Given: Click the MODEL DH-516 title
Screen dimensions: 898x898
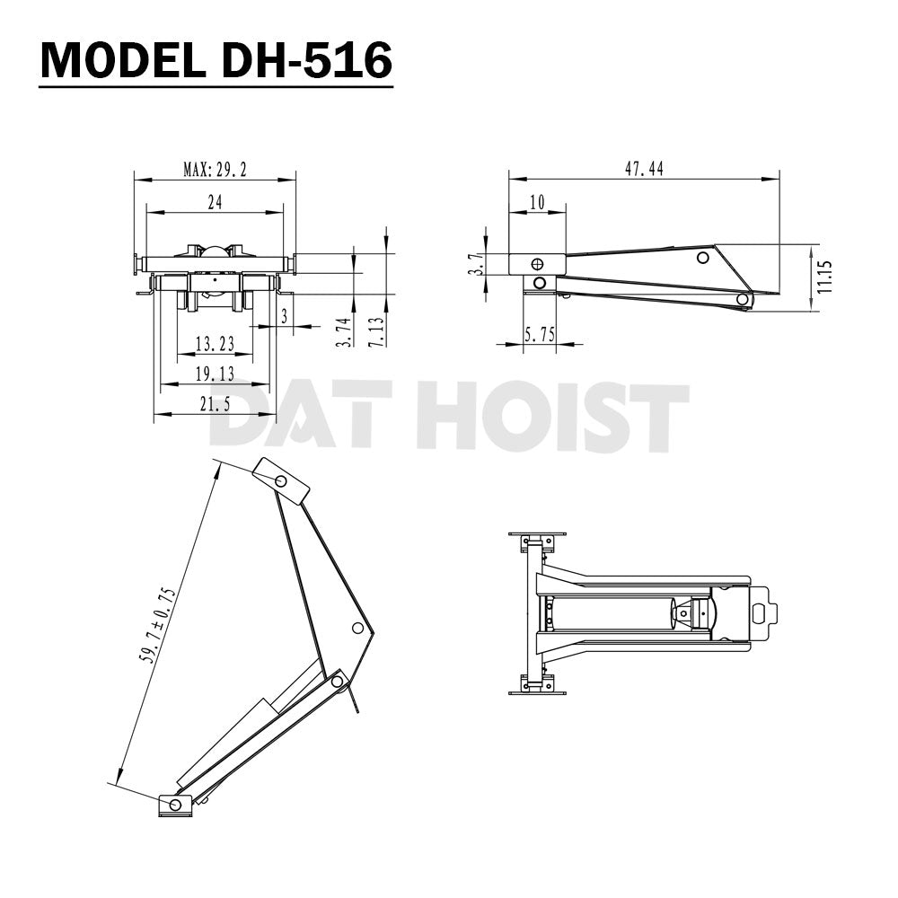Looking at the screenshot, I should coord(216,60).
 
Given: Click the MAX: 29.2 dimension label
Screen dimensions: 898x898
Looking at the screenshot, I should coord(215,169).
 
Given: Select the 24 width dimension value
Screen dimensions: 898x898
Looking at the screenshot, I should coord(215,202).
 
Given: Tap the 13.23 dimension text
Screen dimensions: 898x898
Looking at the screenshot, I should coord(214,343).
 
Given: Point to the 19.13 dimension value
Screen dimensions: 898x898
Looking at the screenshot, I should coord(214,374).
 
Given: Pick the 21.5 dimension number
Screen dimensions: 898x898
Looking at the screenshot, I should coord(214,404).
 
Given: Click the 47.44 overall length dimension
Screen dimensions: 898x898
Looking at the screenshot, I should coord(643,169).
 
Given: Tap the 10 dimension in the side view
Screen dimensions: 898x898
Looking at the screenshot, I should coord(537,202).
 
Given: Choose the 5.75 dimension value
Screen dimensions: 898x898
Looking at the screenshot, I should coord(540,334).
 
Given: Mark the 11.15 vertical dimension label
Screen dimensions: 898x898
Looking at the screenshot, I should coord(825,277).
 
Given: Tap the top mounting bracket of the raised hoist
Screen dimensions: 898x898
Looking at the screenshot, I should coord(281,480).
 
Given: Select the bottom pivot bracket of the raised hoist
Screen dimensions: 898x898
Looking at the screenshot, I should coord(175,804).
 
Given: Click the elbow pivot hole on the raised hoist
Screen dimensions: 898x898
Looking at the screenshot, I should coord(357,627).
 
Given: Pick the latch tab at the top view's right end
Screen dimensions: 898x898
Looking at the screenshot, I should coord(762,612).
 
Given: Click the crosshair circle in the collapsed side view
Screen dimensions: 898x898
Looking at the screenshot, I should coord(537,264).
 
